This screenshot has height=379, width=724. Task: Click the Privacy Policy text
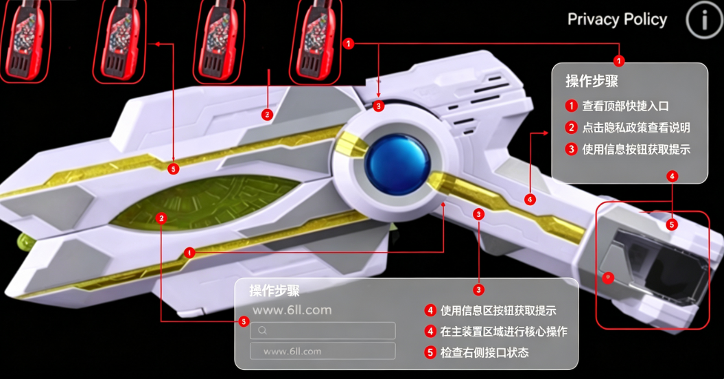coord(617,19)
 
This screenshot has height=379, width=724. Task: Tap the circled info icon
coord(704,19)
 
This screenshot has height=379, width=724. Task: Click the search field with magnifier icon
coord(323,330)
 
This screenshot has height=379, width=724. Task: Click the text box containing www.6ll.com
coord(323,352)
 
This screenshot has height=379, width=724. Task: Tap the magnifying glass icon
coord(262,330)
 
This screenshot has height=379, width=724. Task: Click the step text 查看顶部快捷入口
coord(625,106)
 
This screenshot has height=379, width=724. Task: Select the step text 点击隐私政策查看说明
coord(635,128)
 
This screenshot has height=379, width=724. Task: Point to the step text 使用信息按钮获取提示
coord(635,149)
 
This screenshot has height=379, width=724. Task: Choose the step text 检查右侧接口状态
coord(484,353)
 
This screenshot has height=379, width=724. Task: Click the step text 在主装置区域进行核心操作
coord(503,332)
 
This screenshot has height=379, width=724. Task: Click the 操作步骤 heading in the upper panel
coord(592,81)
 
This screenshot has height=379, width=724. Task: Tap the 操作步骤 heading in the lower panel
coord(275,290)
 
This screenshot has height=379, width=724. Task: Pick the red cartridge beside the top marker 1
coord(316,41)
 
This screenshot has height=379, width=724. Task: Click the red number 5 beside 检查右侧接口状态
coord(430,353)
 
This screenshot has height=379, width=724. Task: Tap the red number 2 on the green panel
coord(161,218)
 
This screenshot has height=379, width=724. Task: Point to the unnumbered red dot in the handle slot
coord(608,277)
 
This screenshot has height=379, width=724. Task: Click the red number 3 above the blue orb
coord(379,106)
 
